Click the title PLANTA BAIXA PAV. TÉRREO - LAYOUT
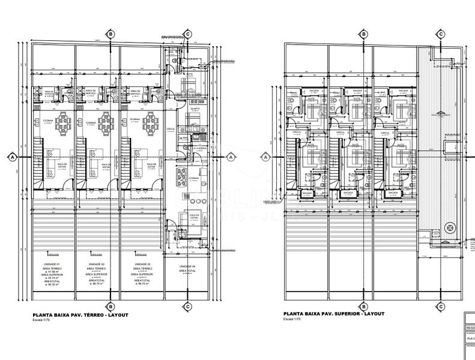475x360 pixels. click(80, 315)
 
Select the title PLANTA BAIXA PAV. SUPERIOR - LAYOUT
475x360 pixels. click(334, 314)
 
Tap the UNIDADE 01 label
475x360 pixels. click(53, 265)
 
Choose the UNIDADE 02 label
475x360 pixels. click(98, 265)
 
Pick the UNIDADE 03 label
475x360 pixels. click(142, 265)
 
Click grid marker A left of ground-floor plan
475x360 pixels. click(12, 157)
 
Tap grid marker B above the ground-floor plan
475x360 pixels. click(110, 34)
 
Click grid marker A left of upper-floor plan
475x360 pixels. click(265, 157)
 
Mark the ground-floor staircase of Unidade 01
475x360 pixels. click(37, 165)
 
